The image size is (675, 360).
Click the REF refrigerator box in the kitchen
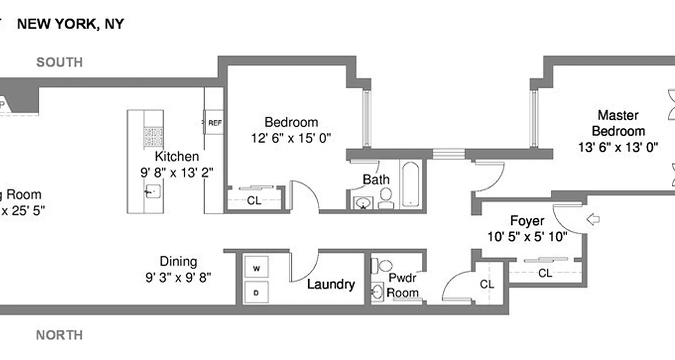coord(214,122)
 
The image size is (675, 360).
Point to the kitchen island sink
coord(153,192)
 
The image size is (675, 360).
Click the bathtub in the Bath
coord(410,184)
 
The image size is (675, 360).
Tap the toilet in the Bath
coord(386,198)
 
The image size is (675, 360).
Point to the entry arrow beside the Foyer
coord(594,220)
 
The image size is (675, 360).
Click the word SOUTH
coord(59,62)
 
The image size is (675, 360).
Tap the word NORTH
coord(59,335)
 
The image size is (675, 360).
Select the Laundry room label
coord(331,284)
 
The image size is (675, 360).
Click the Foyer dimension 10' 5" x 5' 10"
coord(527,237)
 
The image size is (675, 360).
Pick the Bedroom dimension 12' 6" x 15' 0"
coord(291,138)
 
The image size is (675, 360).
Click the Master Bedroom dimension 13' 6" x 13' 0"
coord(618,147)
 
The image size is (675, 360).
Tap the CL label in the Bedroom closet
coord(254,201)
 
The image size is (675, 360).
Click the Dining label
coord(178,261)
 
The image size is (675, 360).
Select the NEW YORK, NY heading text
coord(70,24)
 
